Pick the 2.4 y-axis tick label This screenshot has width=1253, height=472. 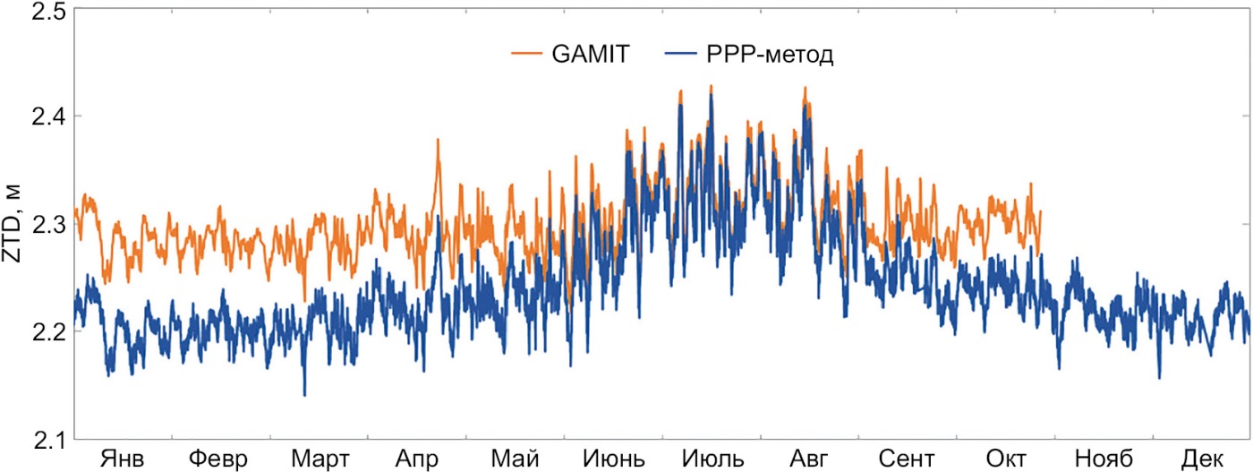pyautogui.click(x=41, y=116)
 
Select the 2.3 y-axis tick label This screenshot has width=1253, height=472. pyautogui.click(x=41, y=224)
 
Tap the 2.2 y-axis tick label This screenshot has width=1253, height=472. pyautogui.click(x=41, y=331)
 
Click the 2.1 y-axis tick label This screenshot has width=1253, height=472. pyautogui.click(x=41, y=439)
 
